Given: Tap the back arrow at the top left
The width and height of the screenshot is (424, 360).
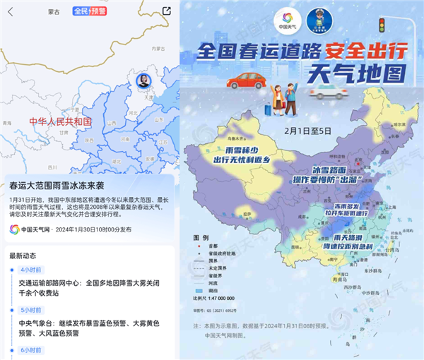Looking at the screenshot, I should coord(8,11).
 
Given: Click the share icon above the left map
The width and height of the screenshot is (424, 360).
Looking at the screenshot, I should coord(166,11).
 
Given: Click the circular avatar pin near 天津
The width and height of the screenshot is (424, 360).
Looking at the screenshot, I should coord(142,79).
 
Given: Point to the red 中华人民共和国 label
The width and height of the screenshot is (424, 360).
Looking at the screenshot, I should coord(60,121).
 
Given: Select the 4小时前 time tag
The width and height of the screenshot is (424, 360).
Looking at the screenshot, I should coord(31,270).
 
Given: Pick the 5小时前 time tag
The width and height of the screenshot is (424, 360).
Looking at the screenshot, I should coord(31,309).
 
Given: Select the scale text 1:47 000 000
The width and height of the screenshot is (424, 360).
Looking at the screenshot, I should coord(222,298).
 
